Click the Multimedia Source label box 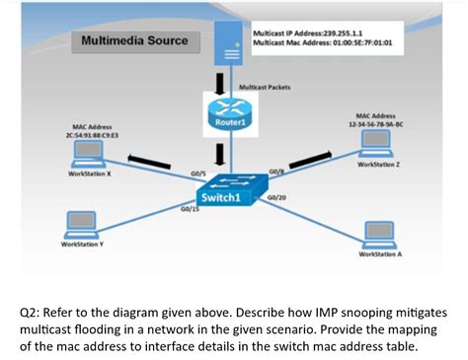pos(134,42)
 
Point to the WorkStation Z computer pos(374,143)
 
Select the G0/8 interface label pos(275,172)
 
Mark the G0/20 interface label pos(276,197)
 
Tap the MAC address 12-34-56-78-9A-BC pos(370,120)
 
